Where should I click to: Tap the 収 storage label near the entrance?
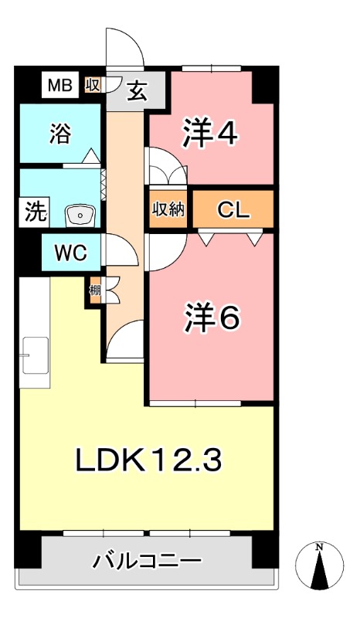[92, 84]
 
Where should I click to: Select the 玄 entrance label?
[136, 92]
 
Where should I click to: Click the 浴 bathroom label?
[59, 133]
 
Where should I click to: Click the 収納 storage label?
[168, 209]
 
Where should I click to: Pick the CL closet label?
[233, 209]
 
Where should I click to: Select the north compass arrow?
[319, 565]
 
